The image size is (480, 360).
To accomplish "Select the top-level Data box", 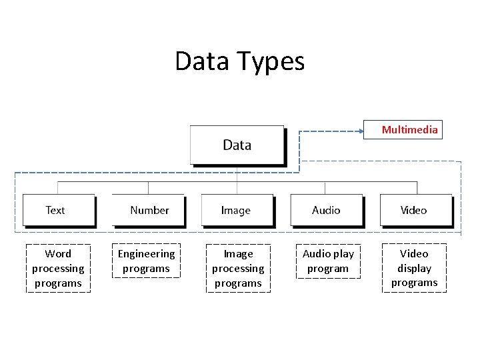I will click(x=237, y=145).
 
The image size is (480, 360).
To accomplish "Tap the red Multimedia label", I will click(x=409, y=129).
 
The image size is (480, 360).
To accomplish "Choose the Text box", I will click(x=58, y=210).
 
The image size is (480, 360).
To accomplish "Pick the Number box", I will click(x=148, y=210).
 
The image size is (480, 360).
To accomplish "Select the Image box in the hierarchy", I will click(x=237, y=210).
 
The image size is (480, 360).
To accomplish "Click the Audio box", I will click(x=326, y=210).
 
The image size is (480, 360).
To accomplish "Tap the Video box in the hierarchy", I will click(x=415, y=210).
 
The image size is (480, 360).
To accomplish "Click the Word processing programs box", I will click(x=58, y=268).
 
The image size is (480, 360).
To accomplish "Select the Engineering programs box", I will click(x=146, y=261).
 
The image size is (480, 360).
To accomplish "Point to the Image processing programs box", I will click(x=238, y=268).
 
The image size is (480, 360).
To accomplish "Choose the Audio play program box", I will click(x=328, y=261).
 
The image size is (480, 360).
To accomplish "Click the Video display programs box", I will click(x=414, y=268).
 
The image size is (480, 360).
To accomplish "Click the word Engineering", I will click(x=146, y=254).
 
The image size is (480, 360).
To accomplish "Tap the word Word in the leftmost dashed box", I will click(x=58, y=254).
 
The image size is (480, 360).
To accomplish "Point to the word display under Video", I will click(x=414, y=268).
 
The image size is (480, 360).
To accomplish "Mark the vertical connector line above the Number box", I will click(x=148, y=187).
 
